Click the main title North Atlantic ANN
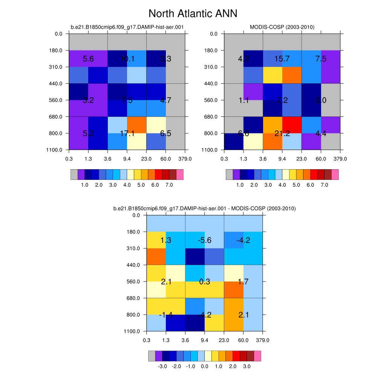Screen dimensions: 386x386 193,14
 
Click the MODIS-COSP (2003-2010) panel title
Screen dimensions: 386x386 282,27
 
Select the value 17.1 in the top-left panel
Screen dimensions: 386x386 127,133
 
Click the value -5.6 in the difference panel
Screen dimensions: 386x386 205,240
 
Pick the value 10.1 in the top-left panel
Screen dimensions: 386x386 127,59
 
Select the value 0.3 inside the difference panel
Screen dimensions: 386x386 205,282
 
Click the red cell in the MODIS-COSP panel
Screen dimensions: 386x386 292,125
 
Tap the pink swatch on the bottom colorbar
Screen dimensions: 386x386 257,356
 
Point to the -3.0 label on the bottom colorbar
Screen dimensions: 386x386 162,366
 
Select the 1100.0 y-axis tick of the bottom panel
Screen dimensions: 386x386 135,331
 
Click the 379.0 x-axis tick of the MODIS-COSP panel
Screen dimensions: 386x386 340,159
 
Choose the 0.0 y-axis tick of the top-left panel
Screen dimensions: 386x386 59,34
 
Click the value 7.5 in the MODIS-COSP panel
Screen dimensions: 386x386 321,59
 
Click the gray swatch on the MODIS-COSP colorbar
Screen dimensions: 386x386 229,175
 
